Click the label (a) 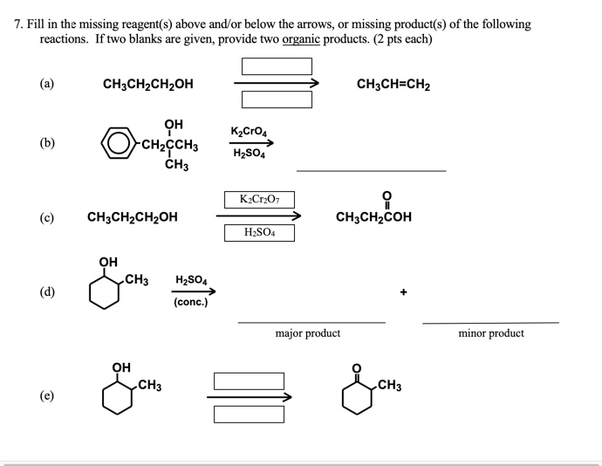pyautogui.click(x=45, y=85)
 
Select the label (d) pyautogui.click(x=45, y=292)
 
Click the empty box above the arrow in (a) pyautogui.click(x=277, y=66)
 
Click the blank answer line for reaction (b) pyautogui.click(x=371, y=169)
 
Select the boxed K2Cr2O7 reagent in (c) pyautogui.click(x=258, y=201)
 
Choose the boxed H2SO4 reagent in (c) pyautogui.click(x=258, y=233)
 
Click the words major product pyautogui.click(x=307, y=333)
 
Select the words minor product pyautogui.click(x=490, y=333)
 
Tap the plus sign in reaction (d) pyautogui.click(x=404, y=293)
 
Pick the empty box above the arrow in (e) pyautogui.click(x=249, y=381)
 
